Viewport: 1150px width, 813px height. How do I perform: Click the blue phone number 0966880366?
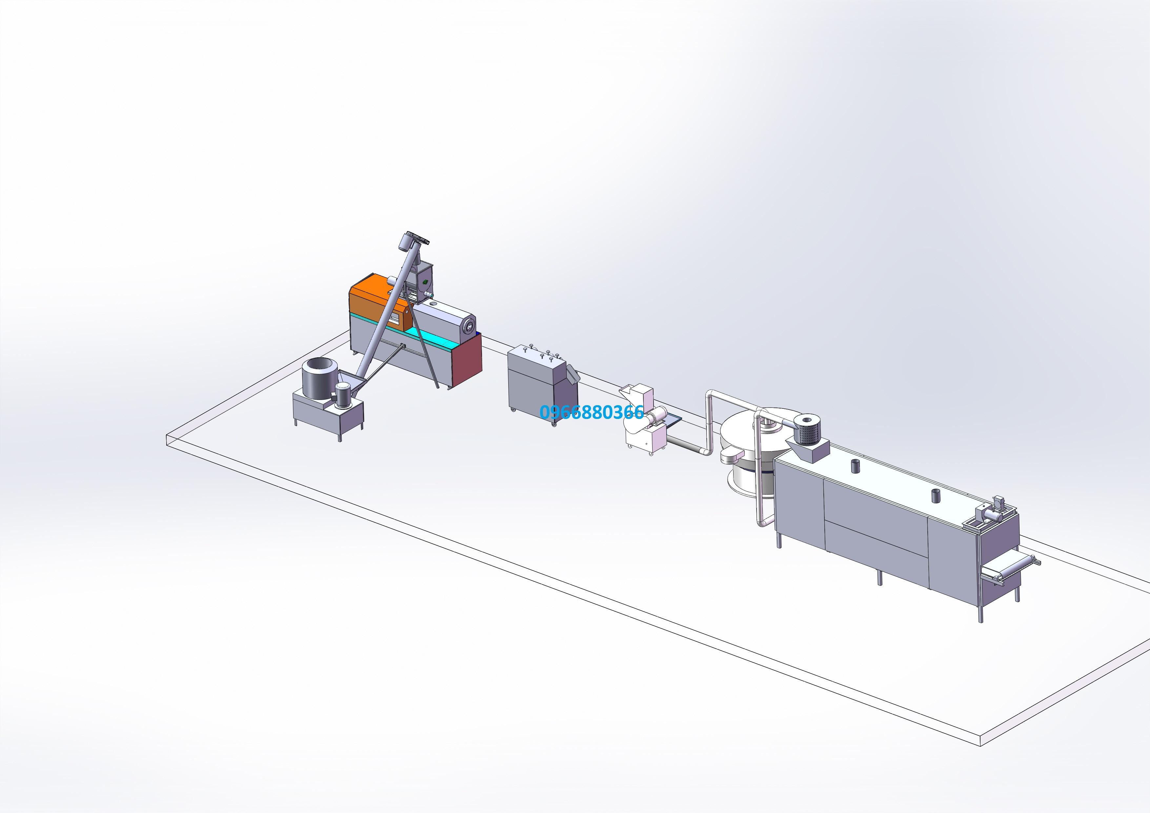[x=592, y=412]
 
